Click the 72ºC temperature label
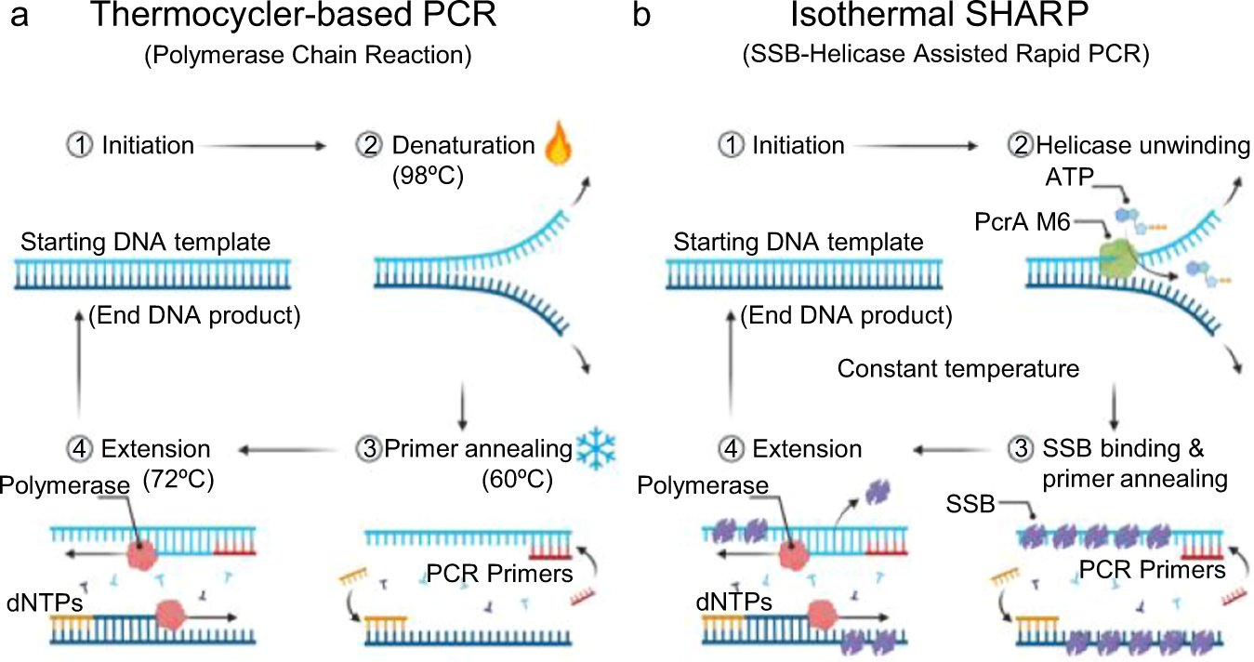(178, 481)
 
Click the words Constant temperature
(958, 369)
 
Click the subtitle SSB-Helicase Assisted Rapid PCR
(945, 55)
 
